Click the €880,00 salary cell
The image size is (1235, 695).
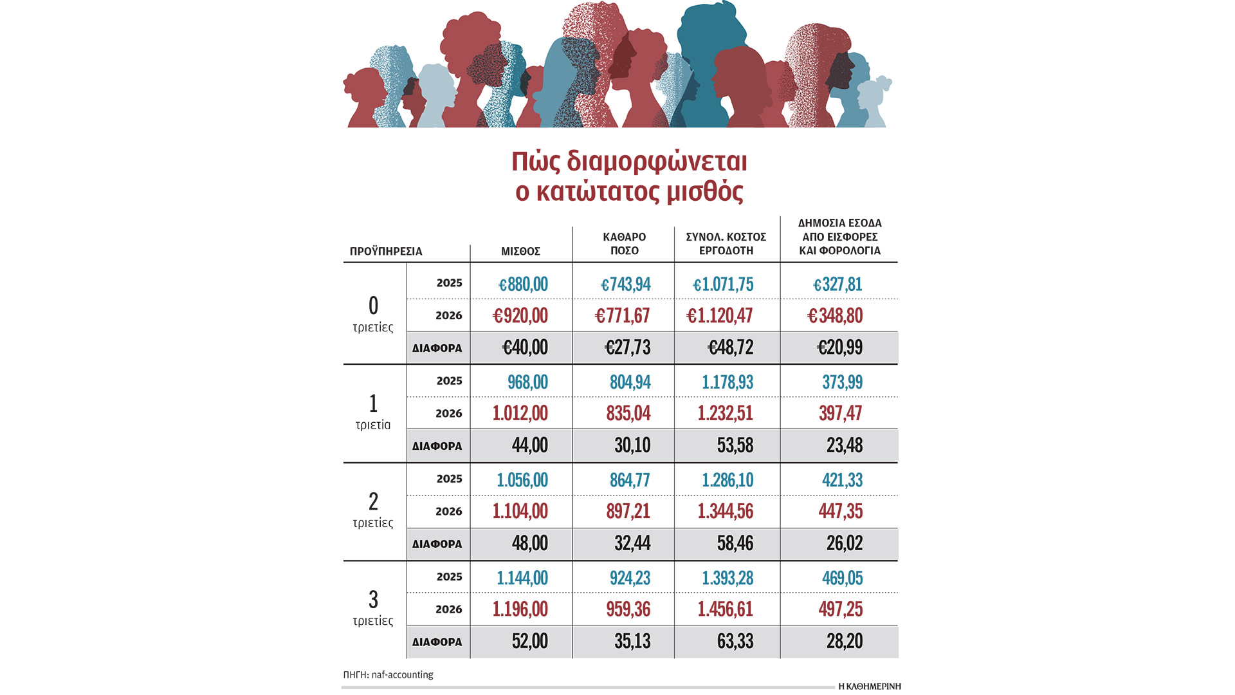[x=523, y=284]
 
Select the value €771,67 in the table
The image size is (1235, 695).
[x=622, y=315]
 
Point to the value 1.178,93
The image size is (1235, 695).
[x=727, y=382]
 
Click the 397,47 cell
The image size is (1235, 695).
[x=840, y=413]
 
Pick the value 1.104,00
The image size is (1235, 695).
[x=520, y=511]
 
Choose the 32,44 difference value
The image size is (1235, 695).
[x=632, y=543]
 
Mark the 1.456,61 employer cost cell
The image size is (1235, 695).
[x=725, y=609]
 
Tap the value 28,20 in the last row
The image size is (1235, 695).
[x=844, y=641]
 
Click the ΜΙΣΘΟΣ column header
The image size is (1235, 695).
[x=520, y=251]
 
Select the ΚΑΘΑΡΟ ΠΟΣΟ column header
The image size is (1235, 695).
[x=624, y=244]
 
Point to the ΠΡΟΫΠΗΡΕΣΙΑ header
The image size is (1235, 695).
[x=386, y=251]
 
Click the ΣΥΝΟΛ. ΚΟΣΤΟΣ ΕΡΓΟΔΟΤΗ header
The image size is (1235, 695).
[x=726, y=244]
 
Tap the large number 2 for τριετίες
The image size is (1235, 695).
[x=373, y=501]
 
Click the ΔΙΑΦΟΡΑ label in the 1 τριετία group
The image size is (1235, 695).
[x=437, y=446]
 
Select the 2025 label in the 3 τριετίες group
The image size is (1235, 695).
[x=449, y=577]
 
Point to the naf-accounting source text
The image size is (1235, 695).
[x=402, y=674]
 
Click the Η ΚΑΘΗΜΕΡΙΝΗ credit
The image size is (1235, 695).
[x=869, y=686]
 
